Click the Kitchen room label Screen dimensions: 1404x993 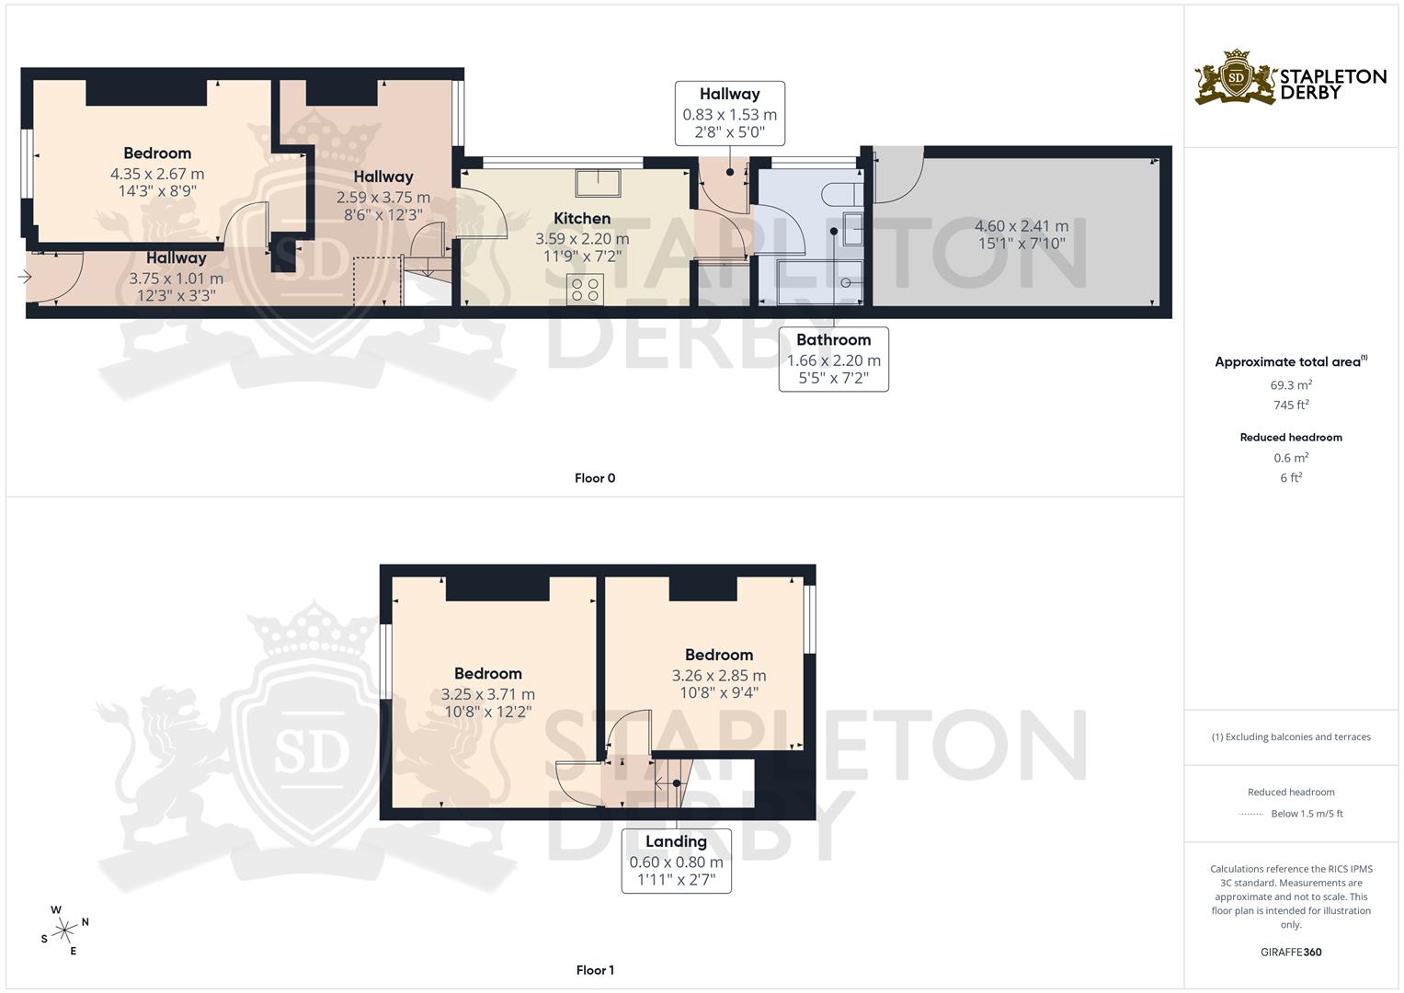coord(582,218)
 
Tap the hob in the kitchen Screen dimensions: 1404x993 coord(586,290)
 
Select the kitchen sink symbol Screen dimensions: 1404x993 coord(598,183)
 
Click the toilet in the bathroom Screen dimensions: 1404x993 coord(842,194)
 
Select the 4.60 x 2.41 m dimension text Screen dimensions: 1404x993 coord(1022,225)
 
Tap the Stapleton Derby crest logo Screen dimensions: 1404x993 coord(1236,78)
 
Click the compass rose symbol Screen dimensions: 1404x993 coord(64,930)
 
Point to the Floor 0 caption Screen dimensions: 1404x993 coord(595,478)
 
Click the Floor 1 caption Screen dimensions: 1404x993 coord(595,970)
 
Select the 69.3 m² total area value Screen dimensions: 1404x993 coord(1291,385)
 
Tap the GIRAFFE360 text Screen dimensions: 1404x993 coord(1291,952)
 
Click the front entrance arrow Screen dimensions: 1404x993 coord(25,277)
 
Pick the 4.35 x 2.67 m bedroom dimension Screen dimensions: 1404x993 coord(157,174)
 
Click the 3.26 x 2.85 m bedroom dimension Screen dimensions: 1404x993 coord(719,675)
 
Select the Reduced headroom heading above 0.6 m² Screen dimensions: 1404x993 coord(1291,438)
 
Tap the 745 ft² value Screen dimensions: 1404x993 coord(1291,405)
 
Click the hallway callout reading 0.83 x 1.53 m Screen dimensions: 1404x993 coord(729,113)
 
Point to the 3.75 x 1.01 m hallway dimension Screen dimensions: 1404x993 coord(177,279)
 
